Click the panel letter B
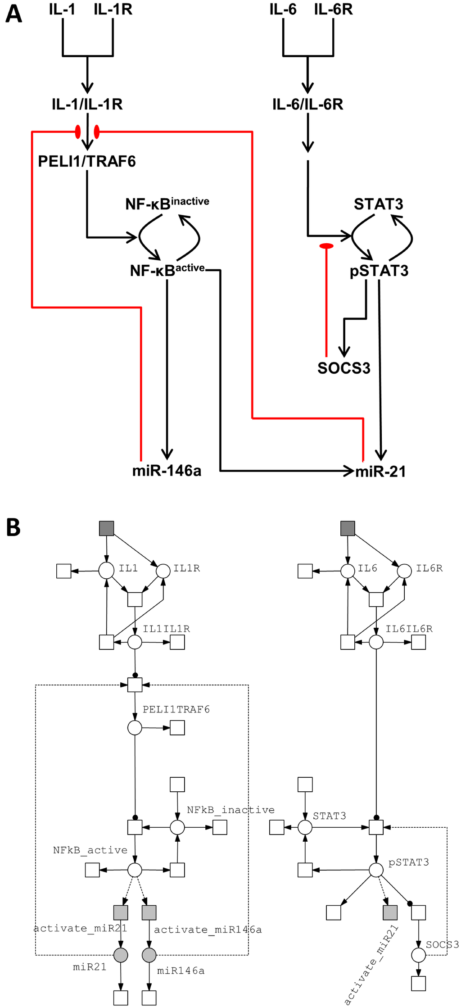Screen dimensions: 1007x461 tap(14, 527)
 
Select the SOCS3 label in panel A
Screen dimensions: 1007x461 tap(344, 368)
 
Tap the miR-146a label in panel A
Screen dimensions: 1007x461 tap(167, 471)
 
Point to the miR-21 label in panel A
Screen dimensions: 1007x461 tap(381, 472)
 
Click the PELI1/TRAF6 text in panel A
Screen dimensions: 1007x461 tap(87, 161)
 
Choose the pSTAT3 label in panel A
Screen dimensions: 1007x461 tap(379, 271)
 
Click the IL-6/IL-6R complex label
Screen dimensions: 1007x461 tap(307, 104)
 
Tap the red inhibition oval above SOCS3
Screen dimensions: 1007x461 tap(326, 246)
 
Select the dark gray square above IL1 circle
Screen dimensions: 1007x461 tap(107, 528)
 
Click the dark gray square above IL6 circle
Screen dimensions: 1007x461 tap(348, 528)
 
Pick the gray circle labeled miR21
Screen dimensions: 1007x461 tap(121, 955)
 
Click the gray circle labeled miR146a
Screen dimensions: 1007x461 tap(149, 955)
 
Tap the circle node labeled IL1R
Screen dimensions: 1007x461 tap(163, 571)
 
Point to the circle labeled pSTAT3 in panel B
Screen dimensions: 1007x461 tap(376, 870)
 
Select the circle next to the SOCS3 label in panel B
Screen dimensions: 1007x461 tap(418, 955)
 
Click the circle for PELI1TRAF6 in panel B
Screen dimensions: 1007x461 tap(135, 728)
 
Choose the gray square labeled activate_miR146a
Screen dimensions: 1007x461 tap(149, 912)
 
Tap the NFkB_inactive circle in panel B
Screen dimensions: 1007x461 tap(177, 827)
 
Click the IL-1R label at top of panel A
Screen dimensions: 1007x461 tap(113, 9)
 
